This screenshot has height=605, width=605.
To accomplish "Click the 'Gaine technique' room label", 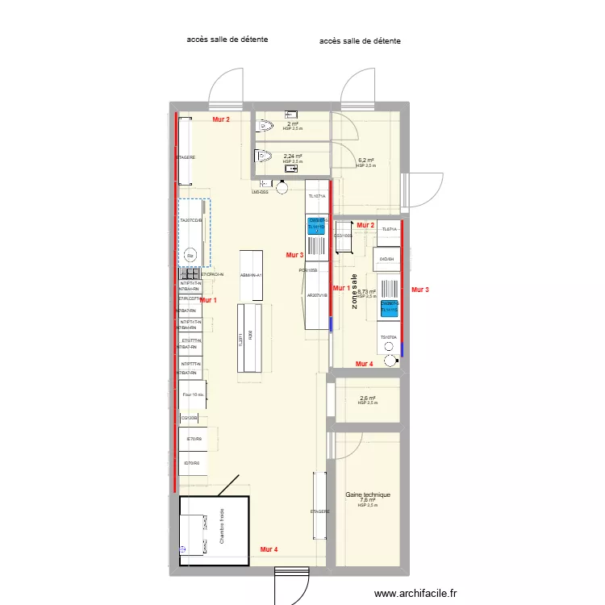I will (x=367, y=494).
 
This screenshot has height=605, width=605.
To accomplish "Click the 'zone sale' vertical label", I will (x=354, y=290).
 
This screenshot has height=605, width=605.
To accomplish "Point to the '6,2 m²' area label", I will (x=365, y=160).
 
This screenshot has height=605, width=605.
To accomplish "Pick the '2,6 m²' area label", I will (x=367, y=398).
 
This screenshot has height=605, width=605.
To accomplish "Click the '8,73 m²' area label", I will (x=367, y=292).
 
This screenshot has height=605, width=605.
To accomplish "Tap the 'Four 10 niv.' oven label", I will (x=194, y=394).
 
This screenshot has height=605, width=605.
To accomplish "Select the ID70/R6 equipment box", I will (x=193, y=463).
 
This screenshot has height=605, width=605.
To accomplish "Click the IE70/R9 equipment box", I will (x=193, y=440).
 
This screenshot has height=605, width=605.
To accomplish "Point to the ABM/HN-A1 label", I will (x=251, y=275).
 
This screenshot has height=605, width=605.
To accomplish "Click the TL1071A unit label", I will (x=316, y=196).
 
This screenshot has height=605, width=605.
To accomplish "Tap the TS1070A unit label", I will (x=389, y=337).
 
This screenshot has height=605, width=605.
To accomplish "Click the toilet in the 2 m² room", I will (x=265, y=126).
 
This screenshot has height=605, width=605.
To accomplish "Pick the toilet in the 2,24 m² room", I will (x=265, y=156).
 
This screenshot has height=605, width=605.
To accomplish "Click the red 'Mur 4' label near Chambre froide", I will (x=269, y=549).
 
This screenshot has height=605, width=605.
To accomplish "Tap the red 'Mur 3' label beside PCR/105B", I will (x=294, y=255).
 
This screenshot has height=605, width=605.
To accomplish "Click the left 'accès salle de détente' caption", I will (x=227, y=39).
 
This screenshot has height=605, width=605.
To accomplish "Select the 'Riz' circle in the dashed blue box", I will (x=190, y=256).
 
